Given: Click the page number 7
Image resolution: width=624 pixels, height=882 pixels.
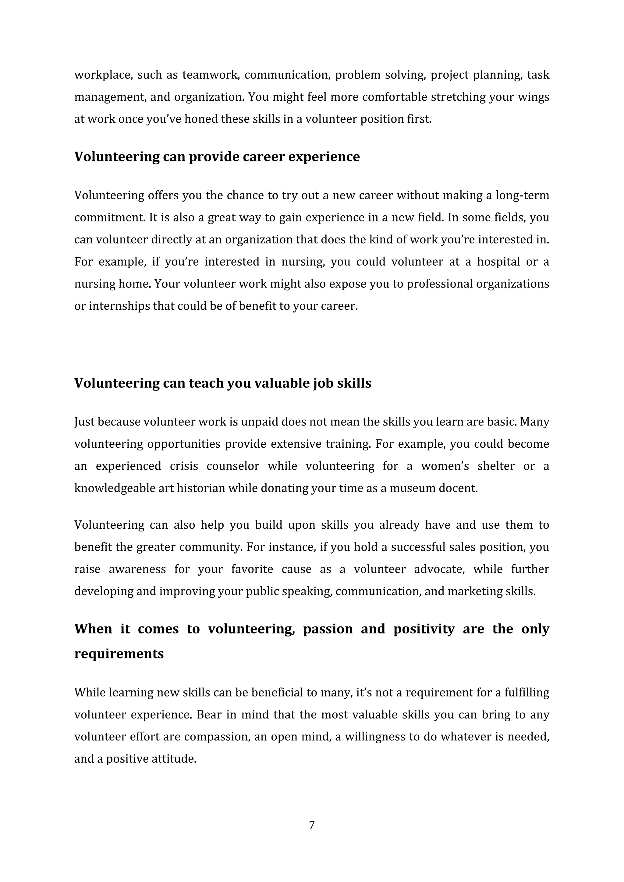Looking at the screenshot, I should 312,825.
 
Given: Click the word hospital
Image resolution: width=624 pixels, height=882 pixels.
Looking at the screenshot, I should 498,262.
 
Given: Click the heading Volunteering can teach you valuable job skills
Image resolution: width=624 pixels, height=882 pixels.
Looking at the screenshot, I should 222,383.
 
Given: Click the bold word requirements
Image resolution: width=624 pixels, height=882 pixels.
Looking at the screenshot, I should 119,654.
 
